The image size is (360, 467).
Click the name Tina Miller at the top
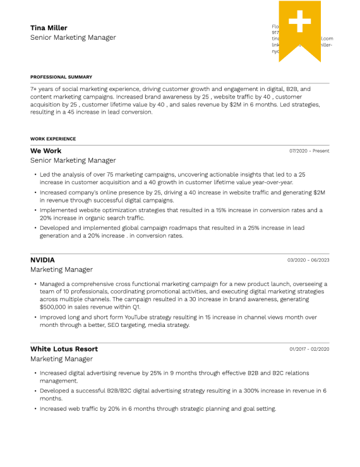[49, 28]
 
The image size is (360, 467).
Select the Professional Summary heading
[61, 77]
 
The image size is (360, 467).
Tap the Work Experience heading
[53, 139]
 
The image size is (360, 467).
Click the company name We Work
[46, 151]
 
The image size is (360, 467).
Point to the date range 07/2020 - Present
[309, 151]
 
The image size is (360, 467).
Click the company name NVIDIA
[42, 259]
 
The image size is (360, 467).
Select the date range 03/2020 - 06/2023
[308, 260]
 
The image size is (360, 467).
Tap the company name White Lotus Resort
[64, 349]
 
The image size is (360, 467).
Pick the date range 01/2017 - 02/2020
[309, 349]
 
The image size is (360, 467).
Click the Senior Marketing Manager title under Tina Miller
[73, 38]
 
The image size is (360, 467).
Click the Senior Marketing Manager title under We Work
[73, 161]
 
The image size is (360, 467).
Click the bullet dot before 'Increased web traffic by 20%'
[34, 409]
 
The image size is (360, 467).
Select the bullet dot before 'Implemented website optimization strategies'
[34, 210]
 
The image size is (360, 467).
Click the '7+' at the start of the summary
[33, 90]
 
